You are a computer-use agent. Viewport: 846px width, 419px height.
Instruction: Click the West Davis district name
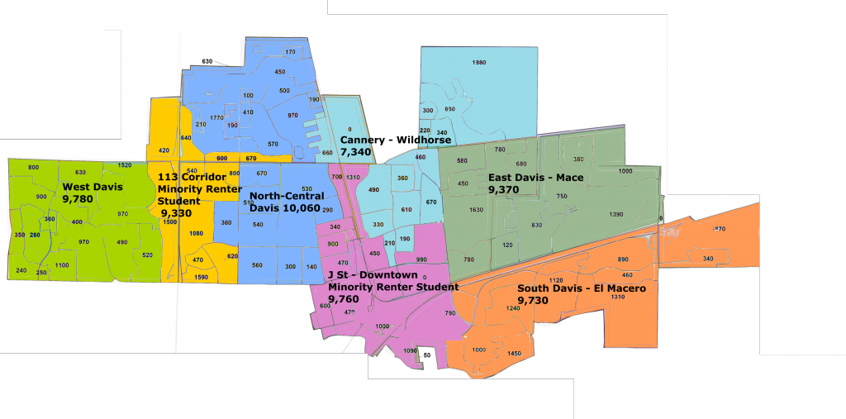93,187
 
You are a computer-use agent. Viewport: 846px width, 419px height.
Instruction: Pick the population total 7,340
357,153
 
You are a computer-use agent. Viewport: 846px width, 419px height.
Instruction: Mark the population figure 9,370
503,189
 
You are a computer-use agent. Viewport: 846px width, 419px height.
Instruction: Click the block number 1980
478,63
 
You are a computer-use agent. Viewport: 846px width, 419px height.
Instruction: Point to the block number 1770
216,118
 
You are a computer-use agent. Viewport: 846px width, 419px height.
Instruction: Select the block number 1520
125,165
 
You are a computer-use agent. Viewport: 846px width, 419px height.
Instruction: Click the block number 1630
476,210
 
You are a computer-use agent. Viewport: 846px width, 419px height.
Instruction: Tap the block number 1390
615,214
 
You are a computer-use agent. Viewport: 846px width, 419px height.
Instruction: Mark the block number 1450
515,354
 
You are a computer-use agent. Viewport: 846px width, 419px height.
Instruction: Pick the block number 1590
201,277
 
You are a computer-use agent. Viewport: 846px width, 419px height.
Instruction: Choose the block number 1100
62,264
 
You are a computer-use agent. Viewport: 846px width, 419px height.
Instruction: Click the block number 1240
513,307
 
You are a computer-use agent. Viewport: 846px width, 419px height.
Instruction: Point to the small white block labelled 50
426,355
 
